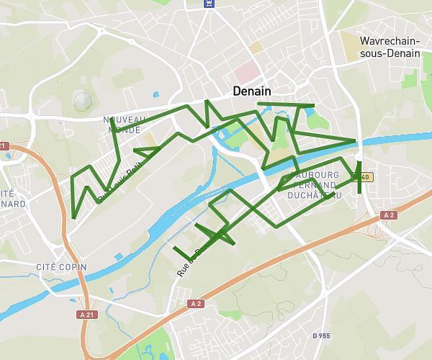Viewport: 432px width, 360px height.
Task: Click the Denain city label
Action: pos(252,92)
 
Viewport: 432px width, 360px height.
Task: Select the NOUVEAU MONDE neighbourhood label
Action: pos(125,124)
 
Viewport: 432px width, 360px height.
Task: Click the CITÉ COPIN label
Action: pos(61,267)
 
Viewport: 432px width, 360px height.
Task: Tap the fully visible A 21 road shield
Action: pos(87,315)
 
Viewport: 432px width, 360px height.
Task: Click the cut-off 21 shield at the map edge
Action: pos(3,146)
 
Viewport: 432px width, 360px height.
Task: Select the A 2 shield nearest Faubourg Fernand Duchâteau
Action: pos(389,215)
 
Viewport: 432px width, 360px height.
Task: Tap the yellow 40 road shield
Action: pos(365,177)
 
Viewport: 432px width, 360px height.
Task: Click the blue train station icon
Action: pos(210,3)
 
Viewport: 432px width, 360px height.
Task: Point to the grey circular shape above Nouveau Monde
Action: pos(83,101)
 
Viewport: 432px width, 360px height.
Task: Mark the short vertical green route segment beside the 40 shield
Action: pos(359,177)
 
